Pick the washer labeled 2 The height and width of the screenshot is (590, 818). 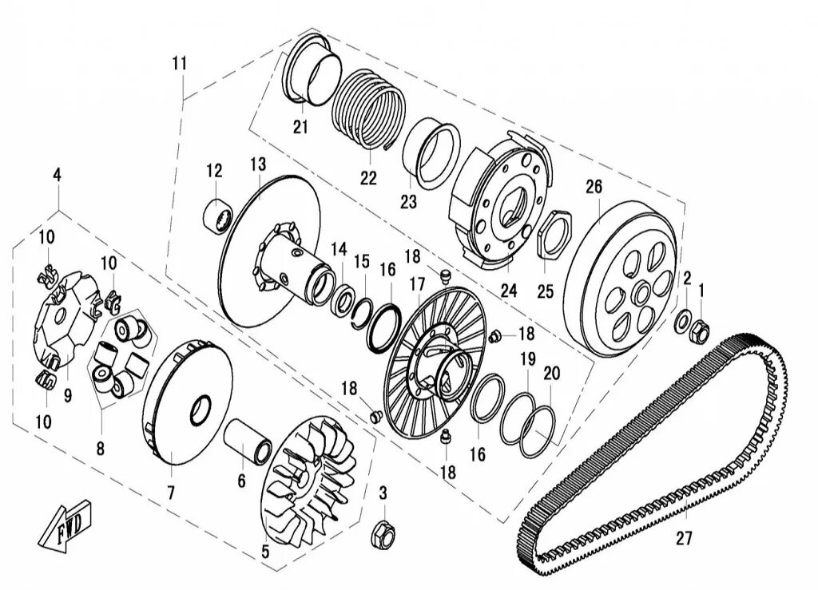pos(685,321)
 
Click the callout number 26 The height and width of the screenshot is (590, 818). pos(593,188)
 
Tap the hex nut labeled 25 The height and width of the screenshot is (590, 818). pos(552,234)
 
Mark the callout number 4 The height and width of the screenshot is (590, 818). pos(57,175)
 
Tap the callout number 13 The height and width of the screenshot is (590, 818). pos(257,164)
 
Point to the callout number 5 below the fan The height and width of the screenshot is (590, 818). pos(265,551)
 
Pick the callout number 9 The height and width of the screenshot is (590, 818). pos(67,396)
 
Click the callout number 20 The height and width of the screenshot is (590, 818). pos(552,373)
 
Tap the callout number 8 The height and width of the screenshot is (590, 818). pos(100,449)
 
